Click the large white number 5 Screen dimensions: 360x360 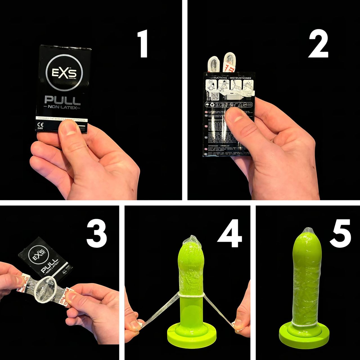tap(340, 233)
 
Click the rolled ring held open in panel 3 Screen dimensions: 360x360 tap(46, 290)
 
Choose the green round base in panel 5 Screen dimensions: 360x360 tap(305, 337)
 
